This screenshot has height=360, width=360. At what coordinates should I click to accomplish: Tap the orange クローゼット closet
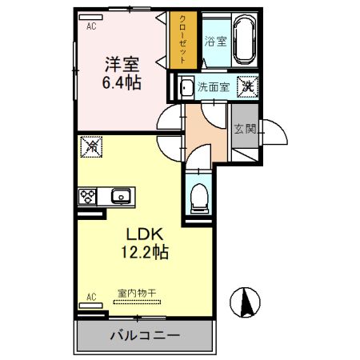coord(184,39)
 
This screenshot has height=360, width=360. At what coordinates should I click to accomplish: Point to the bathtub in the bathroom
coord(242,39)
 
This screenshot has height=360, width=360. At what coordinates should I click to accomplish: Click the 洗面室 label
coord(215,86)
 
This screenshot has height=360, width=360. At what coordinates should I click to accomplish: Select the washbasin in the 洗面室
coord(186,86)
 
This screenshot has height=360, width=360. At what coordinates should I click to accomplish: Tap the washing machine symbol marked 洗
coord(248,86)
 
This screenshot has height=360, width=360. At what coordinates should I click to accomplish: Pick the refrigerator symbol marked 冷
coord(90,148)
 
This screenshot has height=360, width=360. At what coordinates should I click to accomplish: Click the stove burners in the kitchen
coord(87,195)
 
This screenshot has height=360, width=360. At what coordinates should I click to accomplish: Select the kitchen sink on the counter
coord(122,195)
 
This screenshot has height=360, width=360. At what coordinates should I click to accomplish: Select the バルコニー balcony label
coord(145,335)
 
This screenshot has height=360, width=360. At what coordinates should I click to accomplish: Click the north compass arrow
coord(246,303)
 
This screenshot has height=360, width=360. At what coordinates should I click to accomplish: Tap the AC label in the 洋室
coord(90,24)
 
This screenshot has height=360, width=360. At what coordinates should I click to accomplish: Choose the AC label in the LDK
coord(90,298)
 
